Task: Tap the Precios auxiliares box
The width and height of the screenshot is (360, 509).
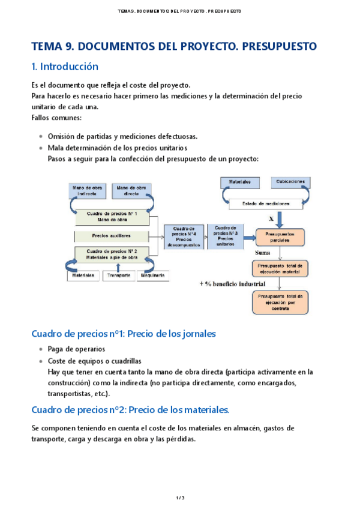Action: (112, 235)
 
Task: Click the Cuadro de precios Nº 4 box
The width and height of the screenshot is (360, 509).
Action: (184, 237)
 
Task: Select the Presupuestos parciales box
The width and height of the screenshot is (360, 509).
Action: (280, 236)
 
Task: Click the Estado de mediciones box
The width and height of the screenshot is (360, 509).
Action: (266, 203)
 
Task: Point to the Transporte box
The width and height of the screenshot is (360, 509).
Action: (120, 276)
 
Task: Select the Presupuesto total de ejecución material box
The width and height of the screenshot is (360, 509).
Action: (280, 268)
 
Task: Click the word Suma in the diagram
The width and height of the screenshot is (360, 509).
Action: (262, 253)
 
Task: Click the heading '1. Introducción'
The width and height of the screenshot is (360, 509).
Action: (65, 67)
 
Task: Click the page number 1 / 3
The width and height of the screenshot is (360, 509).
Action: (180, 498)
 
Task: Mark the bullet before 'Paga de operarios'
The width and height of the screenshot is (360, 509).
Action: (41, 349)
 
